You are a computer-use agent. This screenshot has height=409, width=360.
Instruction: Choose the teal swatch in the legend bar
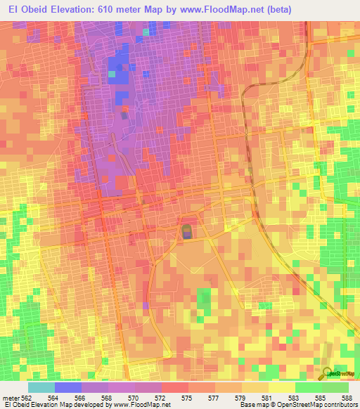pos(41,388)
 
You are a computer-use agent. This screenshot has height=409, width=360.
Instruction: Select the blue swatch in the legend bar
pos(67,388)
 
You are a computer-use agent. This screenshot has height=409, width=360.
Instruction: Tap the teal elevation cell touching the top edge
pos(146,32)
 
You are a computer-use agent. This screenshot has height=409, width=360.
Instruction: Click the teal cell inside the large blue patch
pos(112,73)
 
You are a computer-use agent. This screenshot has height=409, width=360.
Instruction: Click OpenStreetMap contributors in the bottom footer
pos(317,405)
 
